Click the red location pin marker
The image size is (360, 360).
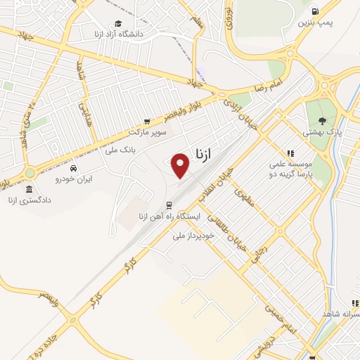181,165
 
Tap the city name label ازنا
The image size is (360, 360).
201,152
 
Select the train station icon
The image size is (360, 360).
168,205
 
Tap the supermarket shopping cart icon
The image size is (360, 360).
147,121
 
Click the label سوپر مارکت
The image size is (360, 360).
148,131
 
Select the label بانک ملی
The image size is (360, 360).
120,150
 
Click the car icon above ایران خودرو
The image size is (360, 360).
73,168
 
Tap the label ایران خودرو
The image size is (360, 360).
74,179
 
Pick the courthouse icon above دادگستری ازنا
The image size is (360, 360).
29,190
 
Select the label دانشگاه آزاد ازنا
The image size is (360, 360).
117,33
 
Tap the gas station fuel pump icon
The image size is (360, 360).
314,11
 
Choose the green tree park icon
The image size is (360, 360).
321,122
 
